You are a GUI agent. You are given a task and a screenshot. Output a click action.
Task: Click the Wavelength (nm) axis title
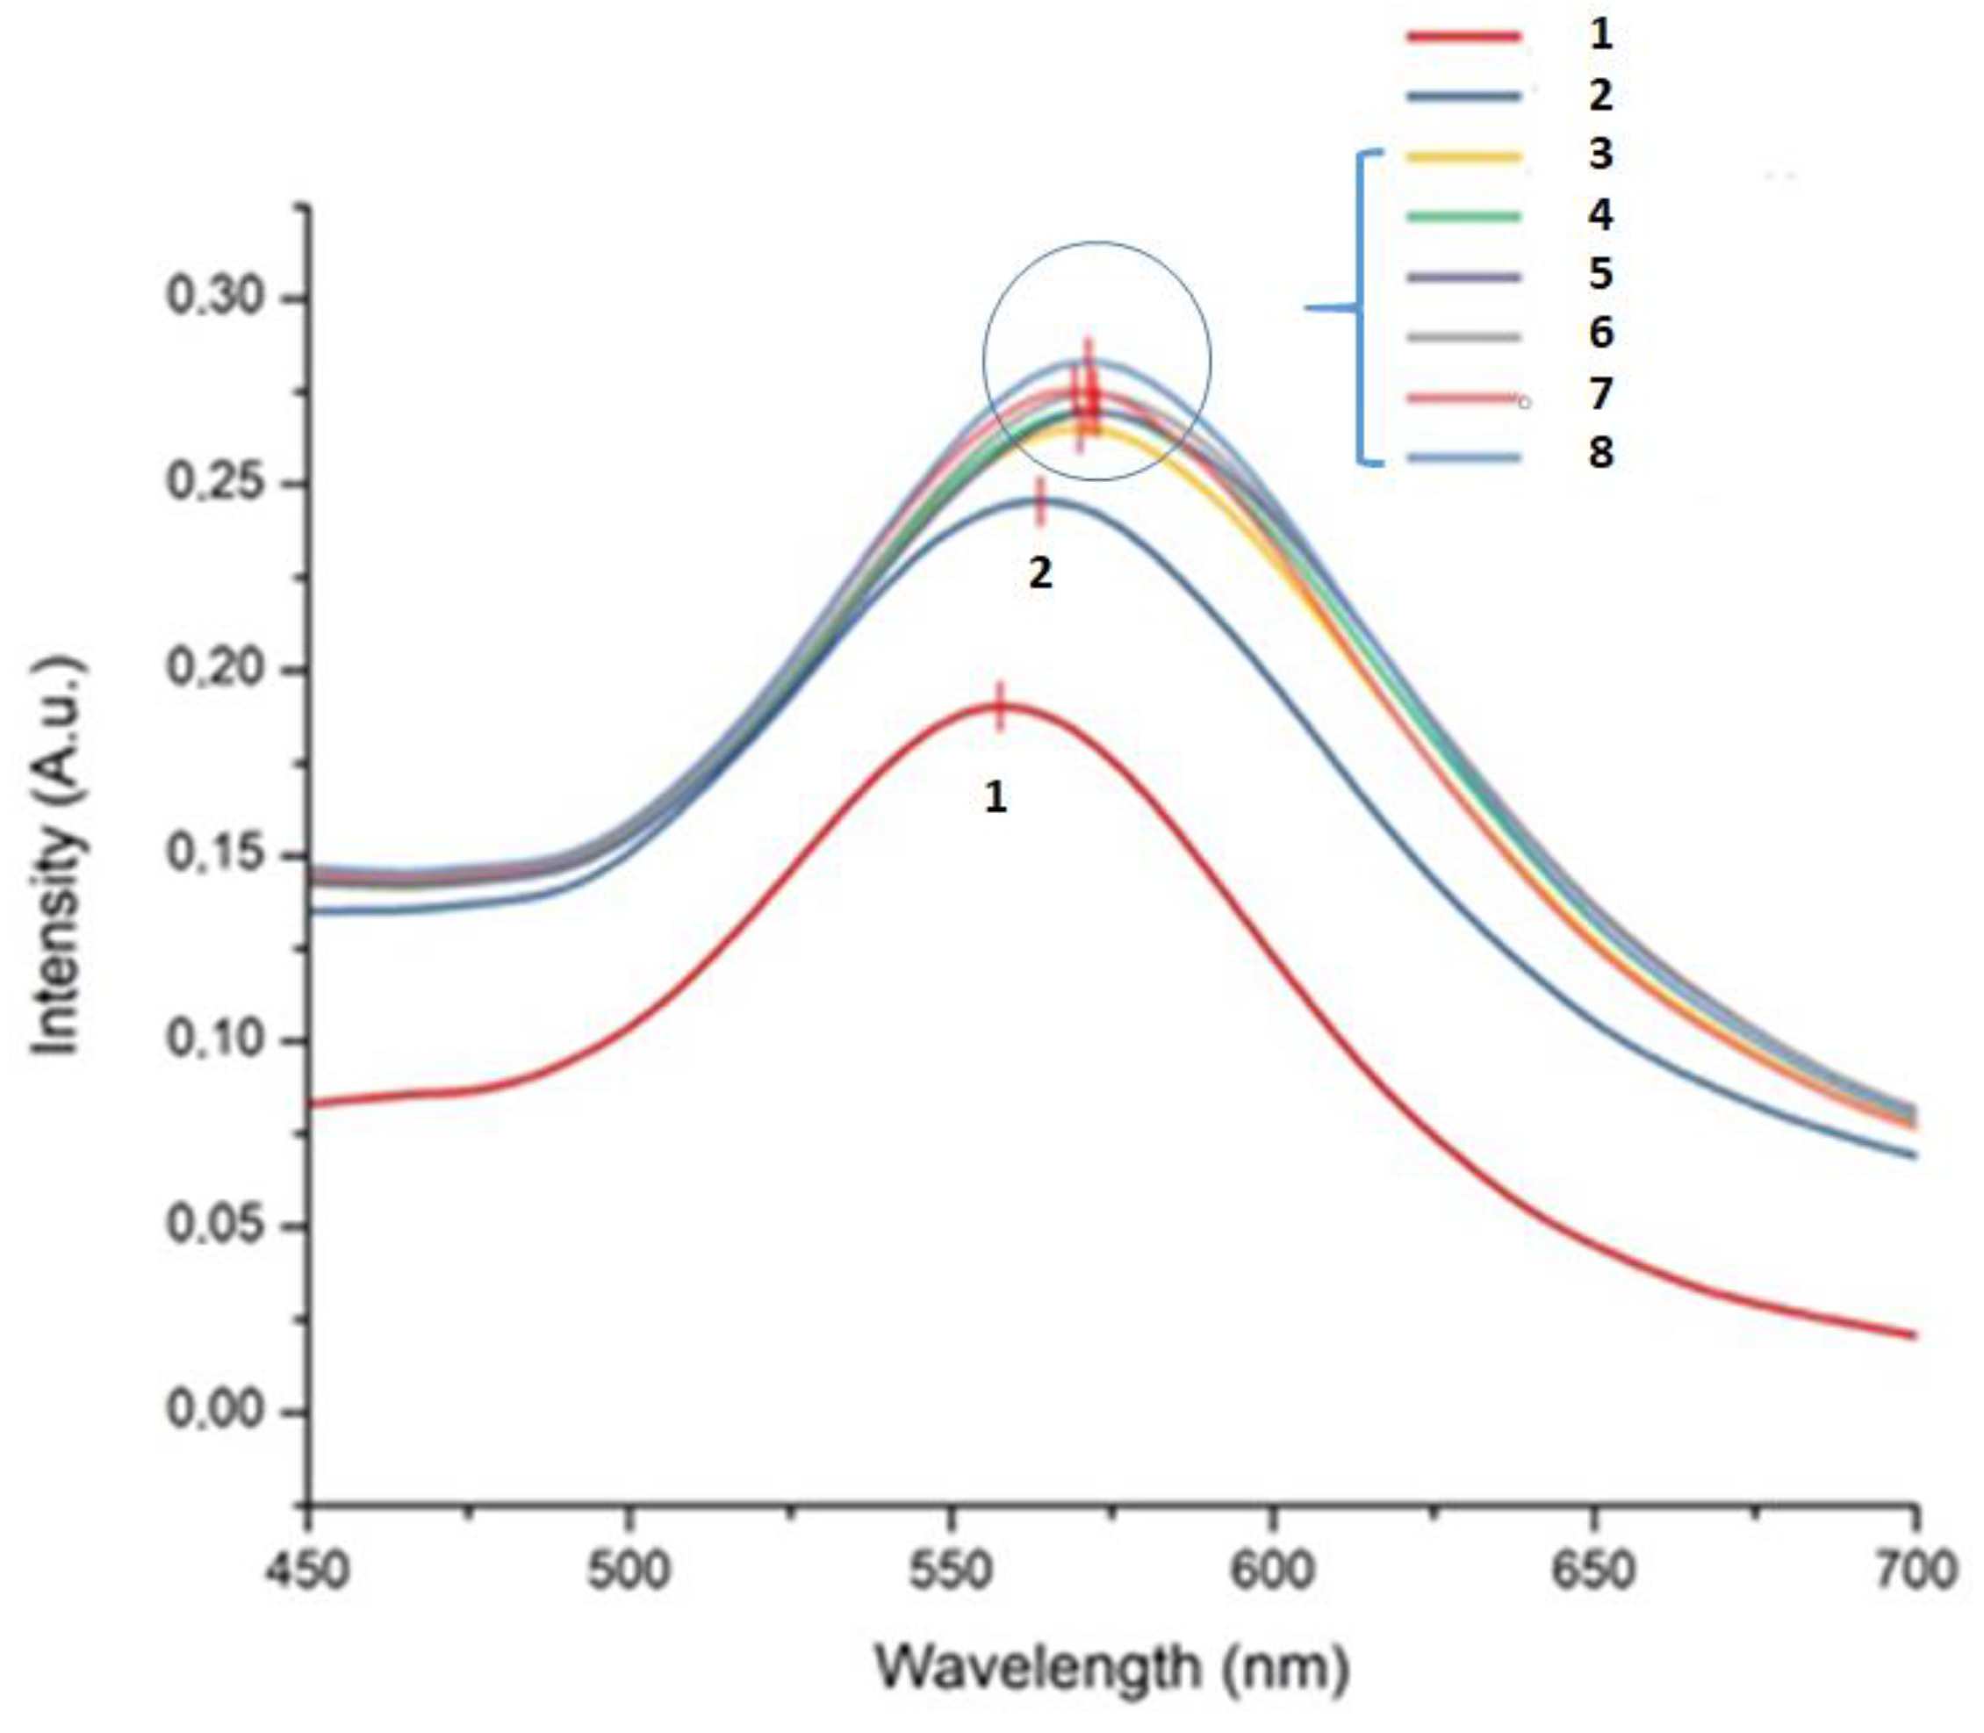tap(1112, 1667)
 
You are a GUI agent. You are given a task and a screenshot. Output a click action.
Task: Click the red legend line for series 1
tap(1463, 37)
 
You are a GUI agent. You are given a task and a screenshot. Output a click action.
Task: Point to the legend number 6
tap(1601, 334)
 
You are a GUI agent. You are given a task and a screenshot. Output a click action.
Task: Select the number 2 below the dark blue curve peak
tap(1039, 574)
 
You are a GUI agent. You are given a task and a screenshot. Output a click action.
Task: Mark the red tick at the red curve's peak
tap(1001, 706)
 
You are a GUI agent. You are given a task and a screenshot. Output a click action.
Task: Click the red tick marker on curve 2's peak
tap(1040, 502)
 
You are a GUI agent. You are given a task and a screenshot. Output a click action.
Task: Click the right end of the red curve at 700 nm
tap(1912, 1335)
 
